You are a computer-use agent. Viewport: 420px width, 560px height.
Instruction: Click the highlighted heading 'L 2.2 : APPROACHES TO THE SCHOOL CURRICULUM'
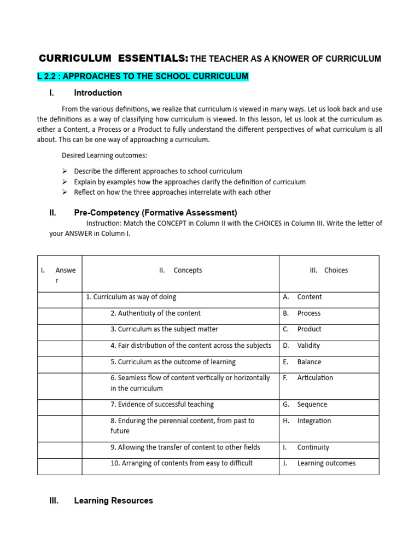[143, 76]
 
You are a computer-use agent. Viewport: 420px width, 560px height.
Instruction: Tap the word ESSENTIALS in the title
[151, 58]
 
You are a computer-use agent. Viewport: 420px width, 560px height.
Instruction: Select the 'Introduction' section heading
[98, 92]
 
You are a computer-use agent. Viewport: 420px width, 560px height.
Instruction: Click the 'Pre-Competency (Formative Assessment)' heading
[155, 213]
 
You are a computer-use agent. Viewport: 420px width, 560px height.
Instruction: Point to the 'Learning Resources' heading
[113, 500]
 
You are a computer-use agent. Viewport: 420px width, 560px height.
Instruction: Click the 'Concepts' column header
[187, 270]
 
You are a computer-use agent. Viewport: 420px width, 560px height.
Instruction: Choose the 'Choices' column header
[335, 270]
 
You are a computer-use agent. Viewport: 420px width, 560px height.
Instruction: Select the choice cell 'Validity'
[308, 346]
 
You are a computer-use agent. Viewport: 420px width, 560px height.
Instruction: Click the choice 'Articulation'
[315, 378]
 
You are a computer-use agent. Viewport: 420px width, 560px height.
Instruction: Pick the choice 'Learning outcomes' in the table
[326, 463]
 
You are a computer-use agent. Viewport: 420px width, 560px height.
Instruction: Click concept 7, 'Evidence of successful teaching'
[162, 405]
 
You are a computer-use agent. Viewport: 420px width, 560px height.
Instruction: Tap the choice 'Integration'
[314, 421]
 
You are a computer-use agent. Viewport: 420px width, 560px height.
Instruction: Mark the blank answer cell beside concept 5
[60, 362]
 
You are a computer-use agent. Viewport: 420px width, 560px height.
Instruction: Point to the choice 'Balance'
[309, 362]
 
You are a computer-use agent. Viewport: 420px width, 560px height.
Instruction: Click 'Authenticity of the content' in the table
[155, 313]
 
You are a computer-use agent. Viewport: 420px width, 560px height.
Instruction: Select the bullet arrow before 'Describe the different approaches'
[64, 171]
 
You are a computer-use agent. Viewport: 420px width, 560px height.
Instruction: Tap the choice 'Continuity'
[313, 447]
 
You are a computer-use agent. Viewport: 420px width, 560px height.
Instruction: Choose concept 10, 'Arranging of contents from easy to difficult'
[181, 463]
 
